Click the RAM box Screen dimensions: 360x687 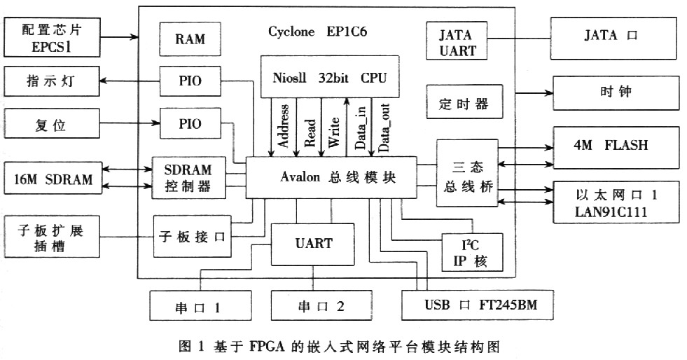tap(190, 39)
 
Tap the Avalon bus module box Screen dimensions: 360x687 tap(331, 177)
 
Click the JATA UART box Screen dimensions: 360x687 tap(457, 42)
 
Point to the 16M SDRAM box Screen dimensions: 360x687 tap(52, 179)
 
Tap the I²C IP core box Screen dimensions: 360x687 tap(472, 252)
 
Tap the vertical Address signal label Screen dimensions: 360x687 tap(284, 126)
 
